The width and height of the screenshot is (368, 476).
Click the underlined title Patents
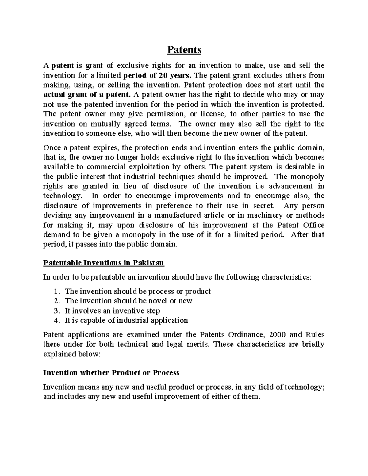(184, 50)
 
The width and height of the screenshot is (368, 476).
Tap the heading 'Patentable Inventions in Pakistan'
(104, 263)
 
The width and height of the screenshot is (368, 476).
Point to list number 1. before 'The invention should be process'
(56, 291)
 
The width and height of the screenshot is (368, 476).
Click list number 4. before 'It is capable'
(56, 320)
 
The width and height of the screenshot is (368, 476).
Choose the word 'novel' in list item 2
(158, 301)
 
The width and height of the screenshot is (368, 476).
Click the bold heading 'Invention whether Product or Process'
(111, 373)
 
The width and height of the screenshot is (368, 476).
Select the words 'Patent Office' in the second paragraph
(301, 225)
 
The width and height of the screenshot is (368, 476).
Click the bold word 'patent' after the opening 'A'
(63, 65)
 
